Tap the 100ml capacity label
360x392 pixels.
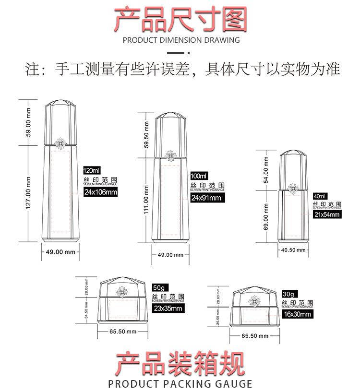[x=199, y=176]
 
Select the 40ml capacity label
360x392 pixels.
[x=319, y=196]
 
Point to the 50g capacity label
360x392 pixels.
[x=158, y=287]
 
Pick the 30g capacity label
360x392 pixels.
[x=288, y=294]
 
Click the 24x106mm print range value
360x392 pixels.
[x=100, y=192]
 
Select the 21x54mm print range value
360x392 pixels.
[x=326, y=214]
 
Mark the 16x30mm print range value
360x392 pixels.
[x=296, y=315]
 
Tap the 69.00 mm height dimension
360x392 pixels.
[x=265, y=216]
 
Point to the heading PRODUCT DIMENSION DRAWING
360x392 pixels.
[x=181, y=40]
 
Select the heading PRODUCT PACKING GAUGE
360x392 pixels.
[x=180, y=384]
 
